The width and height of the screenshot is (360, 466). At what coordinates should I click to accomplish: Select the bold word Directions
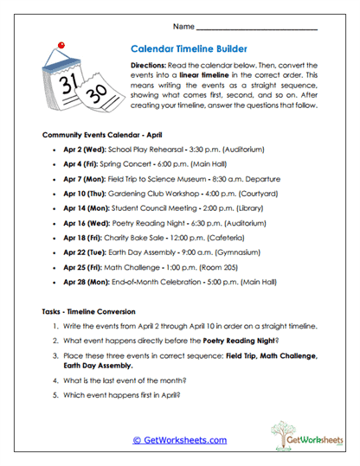pos(152,66)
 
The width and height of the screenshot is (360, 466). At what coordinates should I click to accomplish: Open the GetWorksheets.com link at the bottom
pos(179,439)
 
